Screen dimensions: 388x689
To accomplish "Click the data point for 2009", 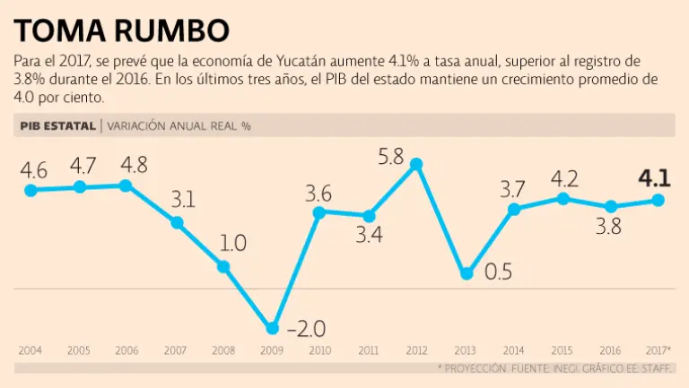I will [273, 328].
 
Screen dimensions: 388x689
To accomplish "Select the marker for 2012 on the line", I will [415, 164].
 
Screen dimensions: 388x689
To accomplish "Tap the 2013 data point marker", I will [466, 273].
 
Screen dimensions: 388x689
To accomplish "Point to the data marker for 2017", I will [658, 200].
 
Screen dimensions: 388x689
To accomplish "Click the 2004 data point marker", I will [31, 190].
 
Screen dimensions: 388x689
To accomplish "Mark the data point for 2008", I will [223, 266].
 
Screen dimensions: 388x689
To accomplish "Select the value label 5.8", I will [390, 157].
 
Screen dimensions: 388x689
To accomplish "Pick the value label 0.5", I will [499, 272].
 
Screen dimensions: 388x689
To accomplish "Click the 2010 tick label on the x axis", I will [320, 349].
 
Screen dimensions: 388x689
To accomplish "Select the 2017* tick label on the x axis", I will [658, 349].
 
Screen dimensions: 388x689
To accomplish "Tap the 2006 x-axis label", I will [126, 349].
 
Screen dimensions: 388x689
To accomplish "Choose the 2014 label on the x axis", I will [513, 349].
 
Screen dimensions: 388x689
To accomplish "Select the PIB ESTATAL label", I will [56, 126].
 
